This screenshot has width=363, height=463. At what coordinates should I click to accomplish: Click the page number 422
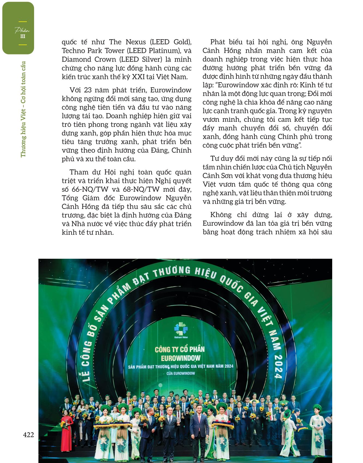28,435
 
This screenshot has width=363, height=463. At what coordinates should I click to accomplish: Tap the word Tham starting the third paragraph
78,172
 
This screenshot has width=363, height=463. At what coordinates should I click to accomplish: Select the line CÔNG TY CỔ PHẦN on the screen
180,349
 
